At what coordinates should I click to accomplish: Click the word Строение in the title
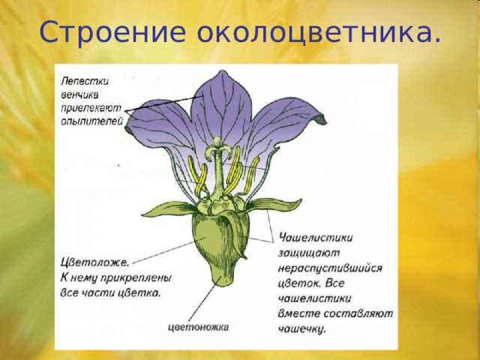point(109,32)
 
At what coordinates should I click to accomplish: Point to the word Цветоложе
point(94,262)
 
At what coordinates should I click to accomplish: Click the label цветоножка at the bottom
point(198,327)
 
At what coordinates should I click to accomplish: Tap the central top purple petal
point(222,105)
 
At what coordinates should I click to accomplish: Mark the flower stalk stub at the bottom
point(221,278)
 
